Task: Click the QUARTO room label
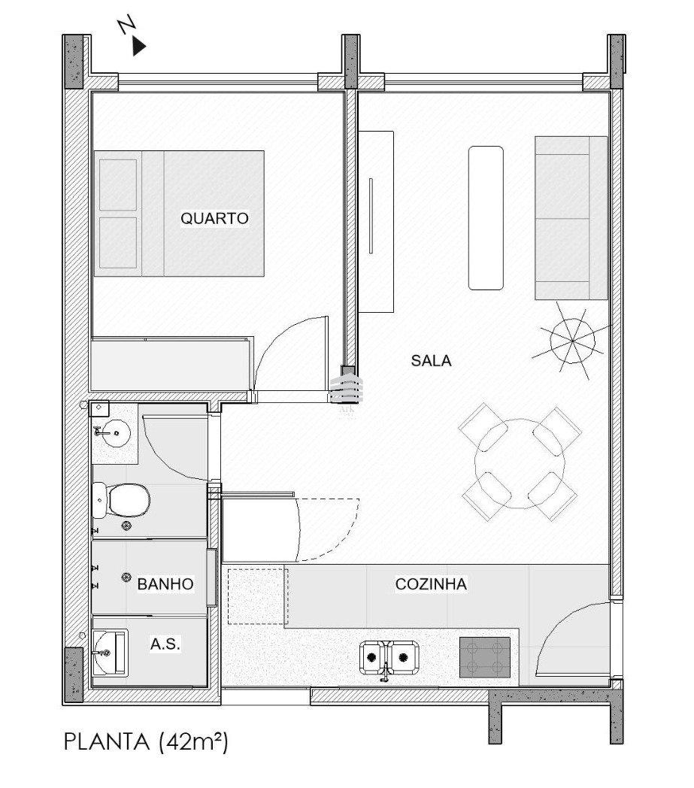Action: pyautogui.click(x=214, y=219)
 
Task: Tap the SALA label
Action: pyautogui.click(x=431, y=361)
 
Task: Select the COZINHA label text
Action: pyautogui.click(x=431, y=584)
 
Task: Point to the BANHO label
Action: pyautogui.click(x=165, y=584)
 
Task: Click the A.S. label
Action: pyautogui.click(x=165, y=644)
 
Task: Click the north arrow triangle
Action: pyautogui.click(x=138, y=47)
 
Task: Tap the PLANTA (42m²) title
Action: pyautogui.click(x=146, y=742)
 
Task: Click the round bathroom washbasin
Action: pyautogui.click(x=117, y=431)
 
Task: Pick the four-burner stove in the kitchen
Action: pyautogui.click(x=485, y=657)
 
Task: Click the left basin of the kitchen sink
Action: pyautogui.click(x=372, y=657)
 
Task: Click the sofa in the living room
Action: pyautogui.click(x=571, y=218)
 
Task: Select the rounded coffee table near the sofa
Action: pyautogui.click(x=486, y=218)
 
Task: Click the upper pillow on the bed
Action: pyautogui.click(x=118, y=185)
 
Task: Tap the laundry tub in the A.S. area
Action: pyautogui.click(x=110, y=653)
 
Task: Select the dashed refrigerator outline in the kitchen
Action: pyautogui.click(x=258, y=596)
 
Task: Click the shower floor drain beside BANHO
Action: pyautogui.click(x=126, y=577)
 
